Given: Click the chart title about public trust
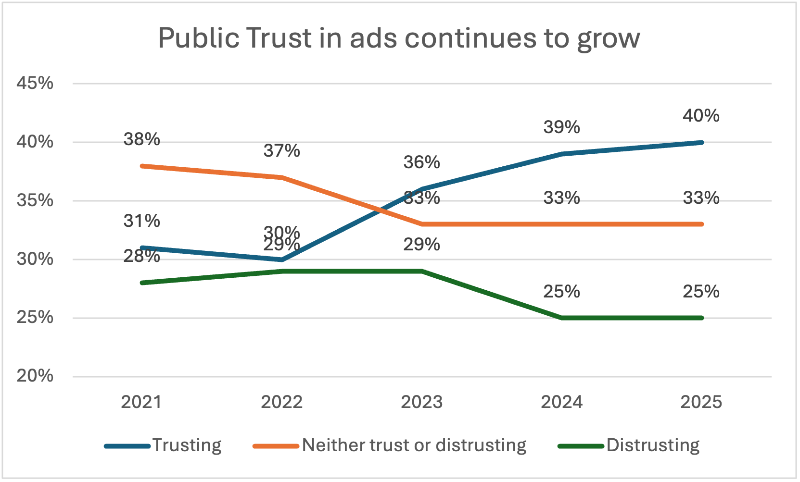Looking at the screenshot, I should pyautogui.click(x=399, y=37).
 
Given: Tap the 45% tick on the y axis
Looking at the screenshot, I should pyautogui.click(x=35, y=83).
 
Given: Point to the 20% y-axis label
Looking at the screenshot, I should pyautogui.click(x=35, y=376).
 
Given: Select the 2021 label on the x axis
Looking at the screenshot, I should pyautogui.click(x=141, y=402).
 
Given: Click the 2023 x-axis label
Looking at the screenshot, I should pyautogui.click(x=421, y=402).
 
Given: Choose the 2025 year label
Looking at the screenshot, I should pyautogui.click(x=701, y=402).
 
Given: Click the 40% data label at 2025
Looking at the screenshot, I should pyautogui.click(x=701, y=116).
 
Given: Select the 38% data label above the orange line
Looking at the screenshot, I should pyautogui.click(x=141, y=139).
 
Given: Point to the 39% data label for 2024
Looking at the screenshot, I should pyautogui.click(x=561, y=127).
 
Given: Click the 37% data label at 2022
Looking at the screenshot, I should pyautogui.click(x=281, y=151).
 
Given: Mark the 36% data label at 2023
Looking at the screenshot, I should pyautogui.click(x=421, y=162).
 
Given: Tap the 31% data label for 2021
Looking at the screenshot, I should pyautogui.click(x=141, y=221).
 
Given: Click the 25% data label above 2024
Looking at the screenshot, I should pyautogui.click(x=561, y=292).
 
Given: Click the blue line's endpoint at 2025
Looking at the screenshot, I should pyautogui.click(x=701, y=142).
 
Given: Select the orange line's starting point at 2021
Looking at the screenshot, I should pyautogui.click(x=142, y=166).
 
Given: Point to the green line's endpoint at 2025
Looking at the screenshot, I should pyautogui.click(x=701, y=318).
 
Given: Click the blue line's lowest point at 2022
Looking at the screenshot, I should pyautogui.click(x=281, y=260).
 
